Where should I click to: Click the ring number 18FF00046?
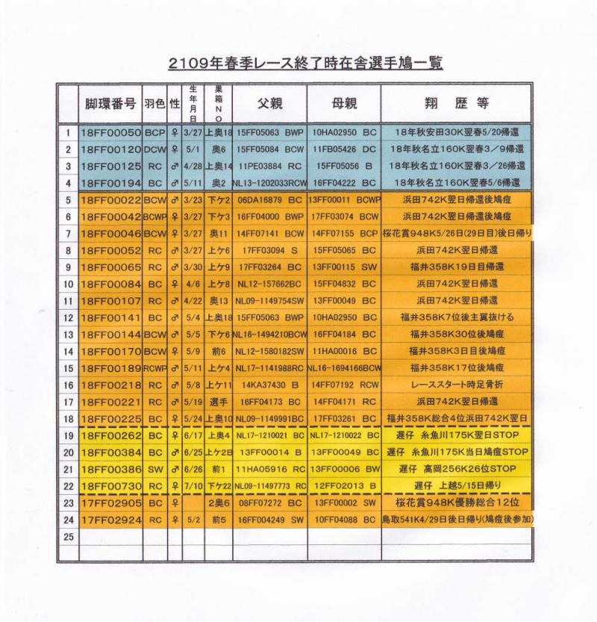[110, 233]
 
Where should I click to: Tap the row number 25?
[68, 536]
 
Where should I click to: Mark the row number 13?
[68, 334]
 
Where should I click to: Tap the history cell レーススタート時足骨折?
[457, 385]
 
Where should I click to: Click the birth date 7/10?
[192, 485]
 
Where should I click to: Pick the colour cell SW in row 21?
[155, 468]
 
